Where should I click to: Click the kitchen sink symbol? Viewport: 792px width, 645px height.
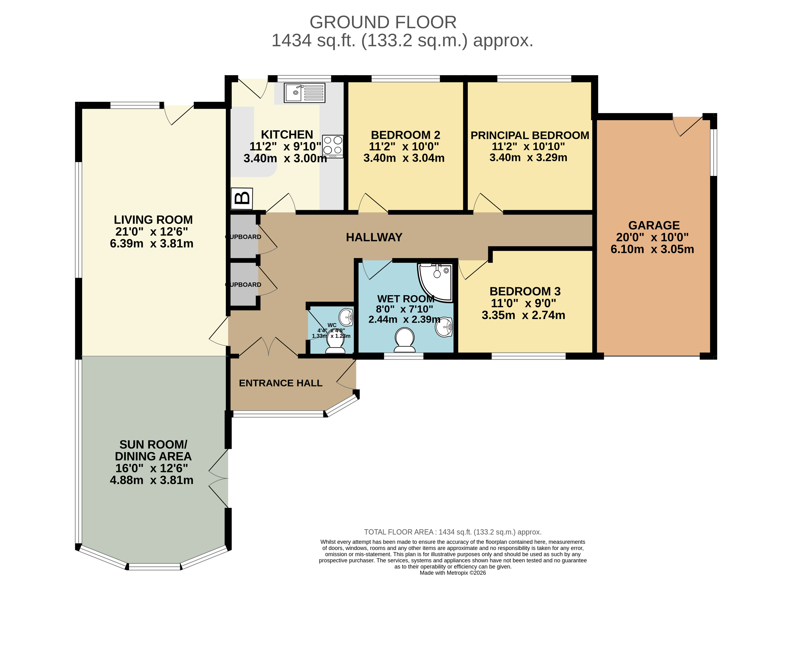click(x=304, y=93)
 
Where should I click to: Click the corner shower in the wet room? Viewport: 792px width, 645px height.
click(x=436, y=281)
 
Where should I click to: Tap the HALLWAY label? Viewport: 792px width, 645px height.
click(x=374, y=237)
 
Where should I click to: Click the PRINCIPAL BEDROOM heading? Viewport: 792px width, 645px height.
click(x=530, y=135)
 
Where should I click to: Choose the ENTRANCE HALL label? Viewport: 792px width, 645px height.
click(x=281, y=383)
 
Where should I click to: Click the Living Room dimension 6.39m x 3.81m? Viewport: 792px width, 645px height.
click(x=152, y=244)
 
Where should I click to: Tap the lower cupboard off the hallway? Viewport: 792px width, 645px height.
click(x=244, y=284)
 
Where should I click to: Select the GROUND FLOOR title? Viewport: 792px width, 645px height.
click(x=383, y=22)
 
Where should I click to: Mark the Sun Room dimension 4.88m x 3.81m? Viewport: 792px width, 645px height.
click(x=152, y=480)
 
